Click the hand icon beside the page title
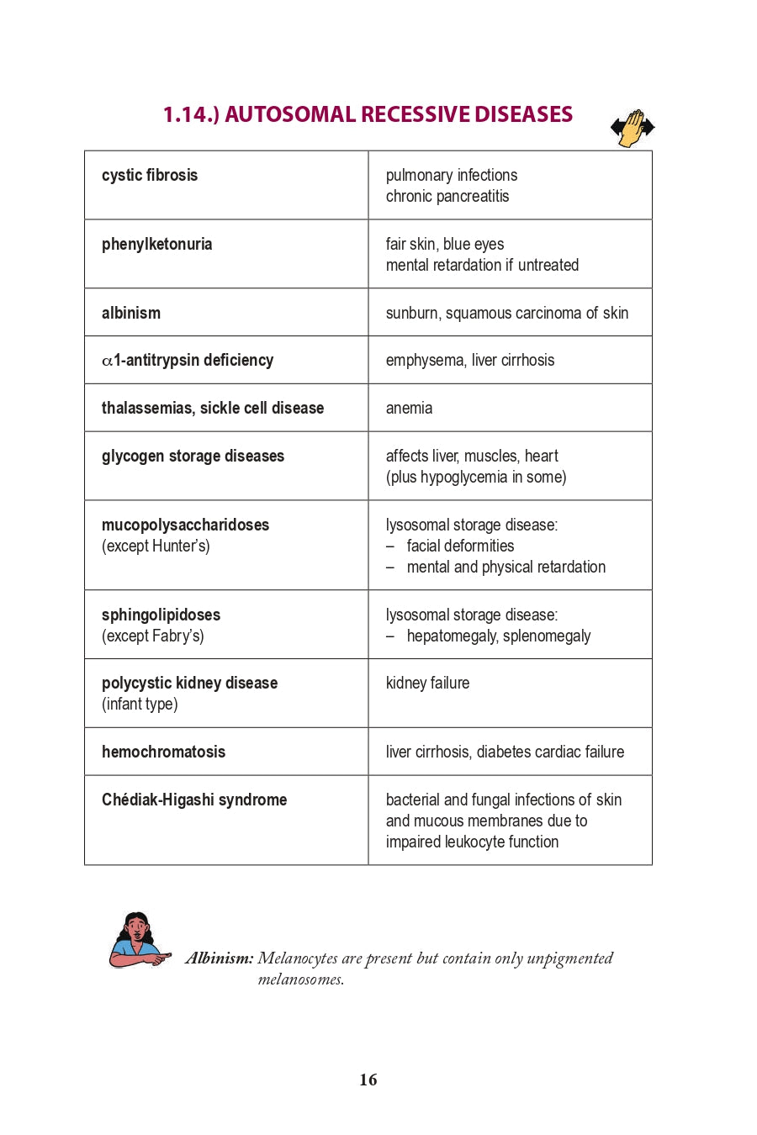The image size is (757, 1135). point(633,128)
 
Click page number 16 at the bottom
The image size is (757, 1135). point(368,1080)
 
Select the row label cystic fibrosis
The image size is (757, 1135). point(150,175)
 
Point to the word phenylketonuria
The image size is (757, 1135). point(156,244)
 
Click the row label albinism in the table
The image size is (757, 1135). point(131,313)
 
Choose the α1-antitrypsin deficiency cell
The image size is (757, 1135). point(188,360)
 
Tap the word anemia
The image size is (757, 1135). point(409,408)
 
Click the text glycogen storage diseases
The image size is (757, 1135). point(193,456)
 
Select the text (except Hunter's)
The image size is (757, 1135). point(156,546)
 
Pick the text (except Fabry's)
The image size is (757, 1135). point(152,636)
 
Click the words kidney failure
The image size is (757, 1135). point(427,683)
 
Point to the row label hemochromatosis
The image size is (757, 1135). point(163,752)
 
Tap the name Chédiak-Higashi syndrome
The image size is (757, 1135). point(194,800)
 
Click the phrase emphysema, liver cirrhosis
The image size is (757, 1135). point(470,360)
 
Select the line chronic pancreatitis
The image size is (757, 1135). point(447,196)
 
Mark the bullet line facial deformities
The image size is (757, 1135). point(460,546)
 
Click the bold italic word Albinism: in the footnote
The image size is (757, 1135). point(220,958)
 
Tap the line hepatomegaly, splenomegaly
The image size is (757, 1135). point(498,636)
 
